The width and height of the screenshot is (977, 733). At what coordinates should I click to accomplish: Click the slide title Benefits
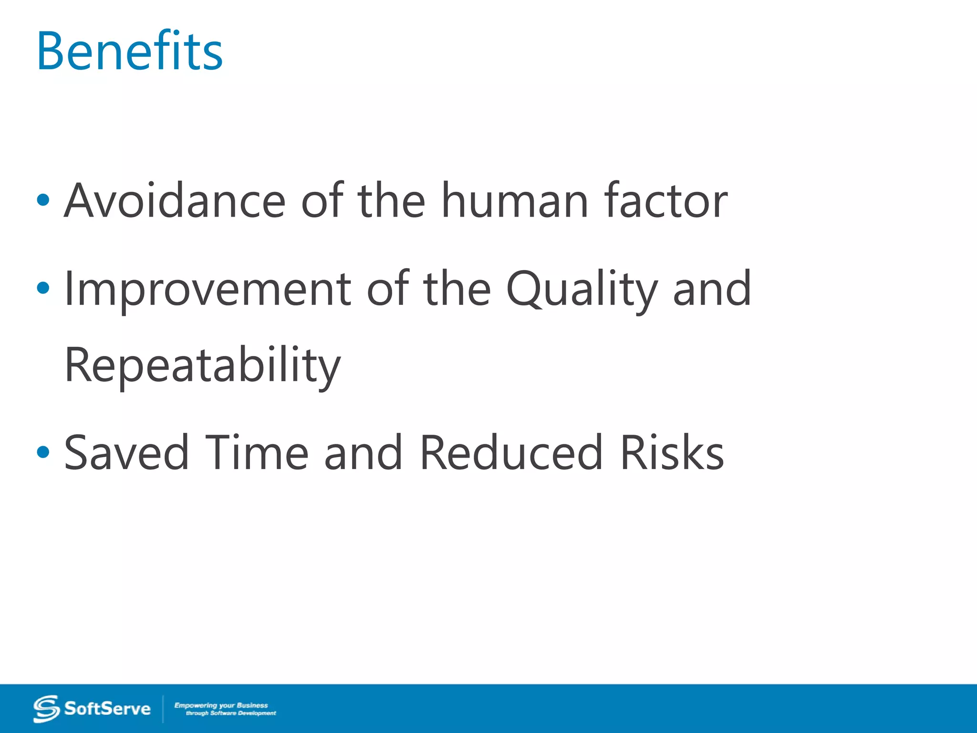tap(130, 51)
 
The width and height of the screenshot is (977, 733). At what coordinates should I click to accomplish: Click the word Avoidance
tap(175, 201)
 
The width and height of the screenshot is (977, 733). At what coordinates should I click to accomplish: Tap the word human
tap(515, 201)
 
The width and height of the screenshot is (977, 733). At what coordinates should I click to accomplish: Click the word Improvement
tap(208, 289)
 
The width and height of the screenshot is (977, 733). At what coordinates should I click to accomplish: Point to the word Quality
tap(582, 289)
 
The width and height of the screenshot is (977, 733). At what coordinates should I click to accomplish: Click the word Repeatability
tap(202, 366)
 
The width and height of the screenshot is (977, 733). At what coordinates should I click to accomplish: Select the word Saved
tap(126, 453)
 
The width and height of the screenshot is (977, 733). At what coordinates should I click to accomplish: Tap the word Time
tap(257, 453)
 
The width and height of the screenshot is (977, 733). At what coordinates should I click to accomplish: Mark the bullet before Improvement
tap(43, 288)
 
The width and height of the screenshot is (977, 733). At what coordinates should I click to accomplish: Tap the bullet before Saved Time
tap(43, 452)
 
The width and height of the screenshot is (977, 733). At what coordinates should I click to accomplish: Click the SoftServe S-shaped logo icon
tap(46, 709)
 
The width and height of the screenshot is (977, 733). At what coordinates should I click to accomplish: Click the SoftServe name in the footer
tap(107, 709)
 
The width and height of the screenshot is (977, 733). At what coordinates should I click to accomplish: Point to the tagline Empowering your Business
tap(221, 705)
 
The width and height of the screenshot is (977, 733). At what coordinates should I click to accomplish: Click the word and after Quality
tap(712, 289)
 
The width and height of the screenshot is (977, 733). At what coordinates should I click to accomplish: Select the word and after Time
tap(363, 453)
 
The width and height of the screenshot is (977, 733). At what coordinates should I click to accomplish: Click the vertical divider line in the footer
tap(163, 709)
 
